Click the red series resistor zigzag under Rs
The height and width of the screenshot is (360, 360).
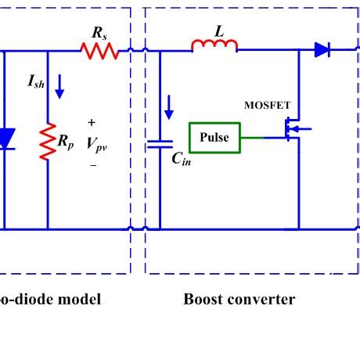[99, 52]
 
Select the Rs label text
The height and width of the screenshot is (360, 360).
[99, 33]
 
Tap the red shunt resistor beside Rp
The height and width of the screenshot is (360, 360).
[48, 142]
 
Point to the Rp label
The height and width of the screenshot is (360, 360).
[66, 143]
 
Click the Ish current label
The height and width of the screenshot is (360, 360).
[36, 81]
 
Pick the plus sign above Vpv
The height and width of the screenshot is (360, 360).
[92, 123]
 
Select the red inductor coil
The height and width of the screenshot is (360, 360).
[214, 48]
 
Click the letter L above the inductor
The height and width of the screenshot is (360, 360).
[218, 31]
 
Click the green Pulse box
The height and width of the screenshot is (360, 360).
[214, 138]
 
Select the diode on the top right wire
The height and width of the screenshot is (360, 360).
[322, 50]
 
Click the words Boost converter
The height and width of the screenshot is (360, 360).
[239, 299]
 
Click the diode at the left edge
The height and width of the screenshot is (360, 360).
[5, 139]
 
